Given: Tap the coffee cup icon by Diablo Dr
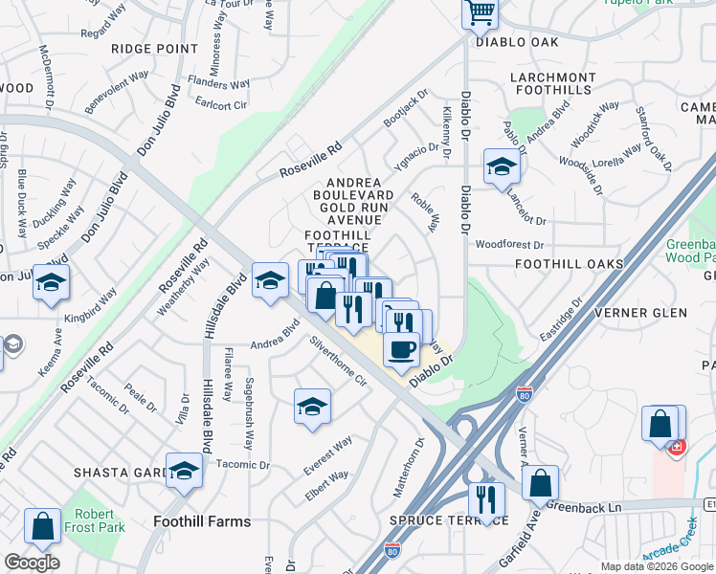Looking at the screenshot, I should (402, 347).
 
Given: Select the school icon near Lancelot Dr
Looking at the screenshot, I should (502, 168).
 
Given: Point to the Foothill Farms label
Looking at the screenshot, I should (202, 521).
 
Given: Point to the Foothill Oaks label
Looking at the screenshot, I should (569, 263).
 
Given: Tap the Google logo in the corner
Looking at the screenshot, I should (32, 563).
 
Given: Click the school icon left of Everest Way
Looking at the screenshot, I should (312, 407).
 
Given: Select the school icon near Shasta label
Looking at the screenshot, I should (184, 471).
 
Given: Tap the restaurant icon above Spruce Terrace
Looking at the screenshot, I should (486, 499).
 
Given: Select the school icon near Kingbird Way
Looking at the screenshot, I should (52, 282).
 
